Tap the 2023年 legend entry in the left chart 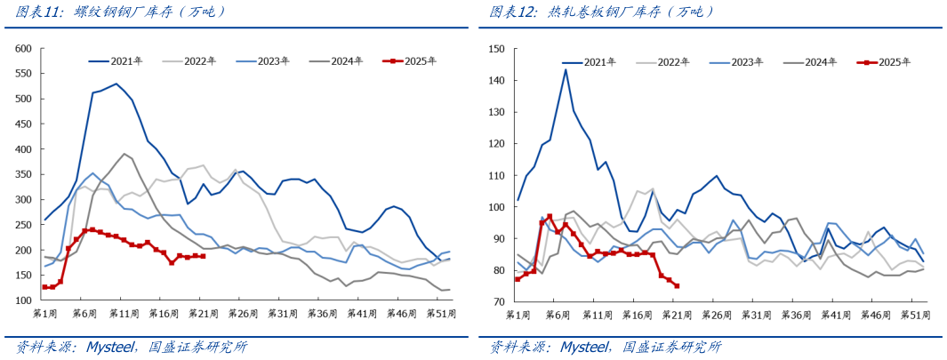pos(273,61)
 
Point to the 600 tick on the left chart pos(24,48)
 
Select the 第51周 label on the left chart pos(442,314)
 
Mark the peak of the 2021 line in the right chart pos(566,69)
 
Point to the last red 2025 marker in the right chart pos(677,285)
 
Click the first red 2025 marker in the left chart pos(45,287)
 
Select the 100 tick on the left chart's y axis pos(24,300)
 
